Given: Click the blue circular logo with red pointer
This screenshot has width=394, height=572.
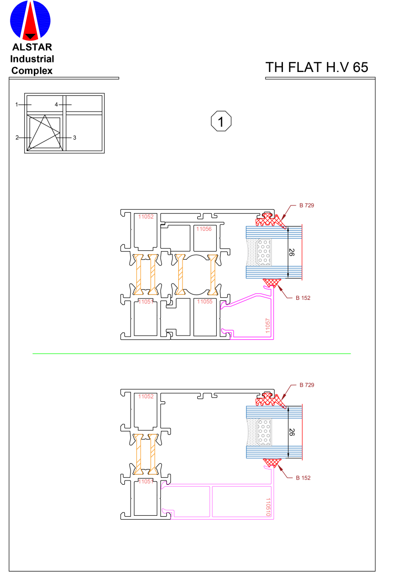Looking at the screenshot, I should point(30,20).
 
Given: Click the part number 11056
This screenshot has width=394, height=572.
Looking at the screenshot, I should point(204,229).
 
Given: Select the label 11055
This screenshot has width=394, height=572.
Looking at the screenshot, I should point(205,302).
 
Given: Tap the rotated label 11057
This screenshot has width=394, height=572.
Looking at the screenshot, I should point(268,326).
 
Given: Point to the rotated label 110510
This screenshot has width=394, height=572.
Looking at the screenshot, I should point(268,507).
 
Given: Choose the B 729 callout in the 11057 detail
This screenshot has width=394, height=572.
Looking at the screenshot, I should point(306,205).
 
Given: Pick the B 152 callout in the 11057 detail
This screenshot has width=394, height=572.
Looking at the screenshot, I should point(303,298).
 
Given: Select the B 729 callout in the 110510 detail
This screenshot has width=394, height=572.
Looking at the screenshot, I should point(306,385).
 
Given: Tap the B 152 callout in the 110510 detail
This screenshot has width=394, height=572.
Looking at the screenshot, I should point(303,478).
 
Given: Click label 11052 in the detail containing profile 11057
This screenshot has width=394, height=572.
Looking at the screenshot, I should point(146,217).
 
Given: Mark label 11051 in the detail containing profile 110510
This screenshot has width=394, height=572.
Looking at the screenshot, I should point(146,482).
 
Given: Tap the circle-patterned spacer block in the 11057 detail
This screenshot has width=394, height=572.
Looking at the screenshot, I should point(264,252).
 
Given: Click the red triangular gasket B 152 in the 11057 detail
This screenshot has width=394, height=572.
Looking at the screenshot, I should point(272,283).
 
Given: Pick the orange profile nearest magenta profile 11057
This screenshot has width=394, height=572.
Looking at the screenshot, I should point(212,275).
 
